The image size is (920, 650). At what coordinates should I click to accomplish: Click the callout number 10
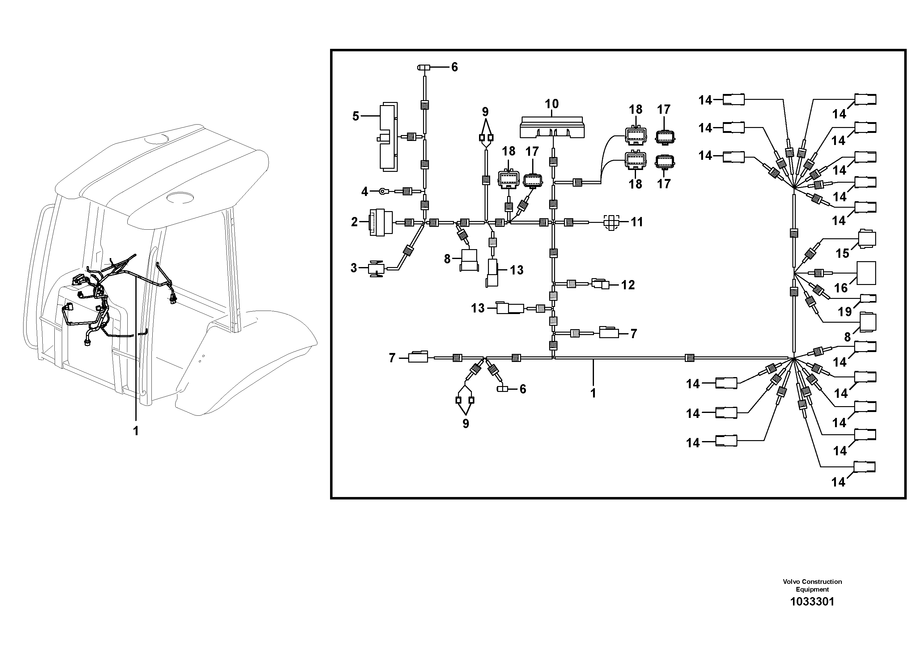[551, 104]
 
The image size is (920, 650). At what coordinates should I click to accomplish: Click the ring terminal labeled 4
[383, 192]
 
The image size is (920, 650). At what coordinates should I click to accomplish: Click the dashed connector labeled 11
[611, 222]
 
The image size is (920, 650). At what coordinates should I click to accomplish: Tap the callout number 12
[628, 285]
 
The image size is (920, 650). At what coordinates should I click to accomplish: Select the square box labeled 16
[866, 273]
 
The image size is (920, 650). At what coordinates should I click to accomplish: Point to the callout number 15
[842, 253]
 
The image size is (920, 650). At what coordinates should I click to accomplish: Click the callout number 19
[845, 311]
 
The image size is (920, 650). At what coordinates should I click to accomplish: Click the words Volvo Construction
[812, 593]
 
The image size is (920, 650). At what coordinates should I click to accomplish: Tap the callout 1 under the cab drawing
[136, 431]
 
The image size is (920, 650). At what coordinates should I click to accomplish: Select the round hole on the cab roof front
[180, 197]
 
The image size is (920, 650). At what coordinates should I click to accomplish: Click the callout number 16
[841, 288]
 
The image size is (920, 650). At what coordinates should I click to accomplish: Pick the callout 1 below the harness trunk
[593, 393]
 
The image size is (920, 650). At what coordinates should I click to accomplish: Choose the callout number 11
[637, 222]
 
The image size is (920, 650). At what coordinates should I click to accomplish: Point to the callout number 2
[354, 222]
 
